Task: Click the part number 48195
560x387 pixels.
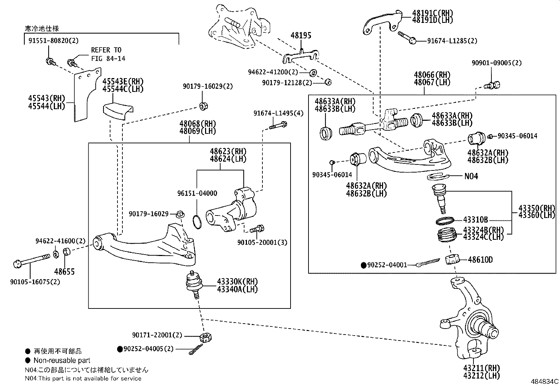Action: [x=301, y=36]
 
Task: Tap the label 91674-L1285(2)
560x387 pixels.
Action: [x=452, y=41]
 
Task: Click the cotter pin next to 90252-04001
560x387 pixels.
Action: [x=427, y=263]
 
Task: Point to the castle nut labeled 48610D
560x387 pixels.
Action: [x=453, y=260]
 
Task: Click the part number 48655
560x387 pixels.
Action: [x=64, y=272]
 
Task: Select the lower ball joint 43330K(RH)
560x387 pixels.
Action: [x=192, y=282]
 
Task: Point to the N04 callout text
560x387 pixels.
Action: [x=471, y=176]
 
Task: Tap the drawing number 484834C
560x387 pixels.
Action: [x=545, y=381]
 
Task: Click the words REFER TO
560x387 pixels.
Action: [x=106, y=50]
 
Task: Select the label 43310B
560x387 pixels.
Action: [x=475, y=220]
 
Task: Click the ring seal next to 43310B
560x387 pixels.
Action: [x=445, y=221]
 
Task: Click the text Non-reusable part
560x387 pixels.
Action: [x=62, y=361]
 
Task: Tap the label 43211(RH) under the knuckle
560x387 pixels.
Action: [x=481, y=368]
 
